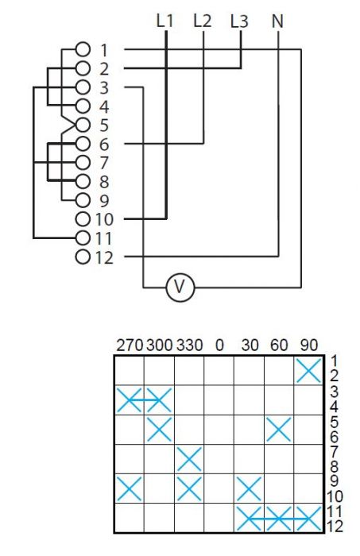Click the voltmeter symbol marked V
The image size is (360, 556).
click(x=180, y=287)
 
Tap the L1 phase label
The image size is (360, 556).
click(x=165, y=21)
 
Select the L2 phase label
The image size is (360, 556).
click(x=203, y=21)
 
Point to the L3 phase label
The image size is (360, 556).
click(x=239, y=21)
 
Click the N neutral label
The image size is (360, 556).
click(x=277, y=21)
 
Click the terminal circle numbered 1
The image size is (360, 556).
click(x=83, y=49)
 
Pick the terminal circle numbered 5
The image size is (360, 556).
click(x=83, y=125)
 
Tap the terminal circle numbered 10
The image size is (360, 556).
click(x=83, y=219)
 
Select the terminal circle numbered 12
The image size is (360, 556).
click(x=83, y=257)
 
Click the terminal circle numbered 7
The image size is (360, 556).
click(x=83, y=163)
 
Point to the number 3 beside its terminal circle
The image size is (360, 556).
click(x=103, y=87)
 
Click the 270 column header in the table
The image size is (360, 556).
click(x=130, y=345)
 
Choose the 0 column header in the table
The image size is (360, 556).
click(x=219, y=345)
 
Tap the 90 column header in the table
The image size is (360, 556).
click(x=309, y=345)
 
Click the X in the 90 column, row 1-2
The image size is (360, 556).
click(x=309, y=371)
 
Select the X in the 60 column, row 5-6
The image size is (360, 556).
click(x=279, y=430)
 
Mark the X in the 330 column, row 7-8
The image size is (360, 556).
click(x=189, y=459)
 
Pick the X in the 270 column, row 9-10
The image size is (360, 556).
click(x=129, y=489)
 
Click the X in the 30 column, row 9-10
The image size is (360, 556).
click(x=249, y=489)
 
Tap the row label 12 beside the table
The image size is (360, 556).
click(x=334, y=526)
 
